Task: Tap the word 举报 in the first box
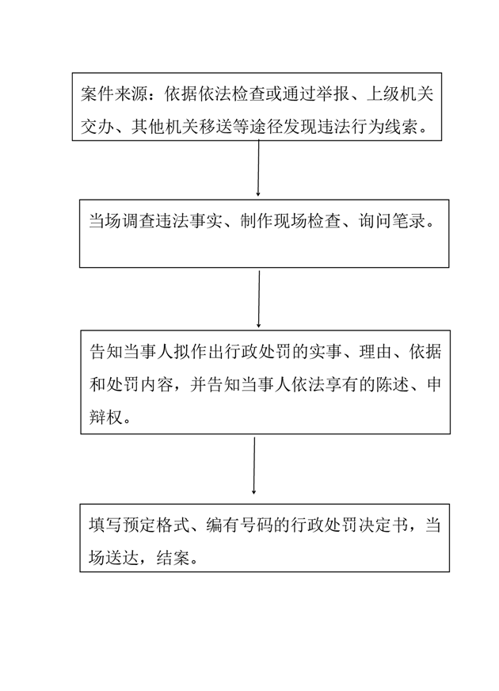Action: (333, 94)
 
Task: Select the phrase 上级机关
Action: (400, 94)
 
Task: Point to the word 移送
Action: (215, 128)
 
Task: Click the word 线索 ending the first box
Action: (401, 128)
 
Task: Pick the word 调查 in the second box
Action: (139, 221)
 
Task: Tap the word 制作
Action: (257, 221)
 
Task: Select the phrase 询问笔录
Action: (392, 221)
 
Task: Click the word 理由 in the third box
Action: (375, 352)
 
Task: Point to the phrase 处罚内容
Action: (139, 384)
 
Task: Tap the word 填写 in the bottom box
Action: (105, 525)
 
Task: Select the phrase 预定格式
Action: (156, 525)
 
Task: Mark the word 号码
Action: (257, 525)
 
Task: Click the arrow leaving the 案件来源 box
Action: (258, 168)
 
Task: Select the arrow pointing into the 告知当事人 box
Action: (259, 300)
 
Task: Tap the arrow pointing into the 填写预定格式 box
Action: (254, 465)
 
